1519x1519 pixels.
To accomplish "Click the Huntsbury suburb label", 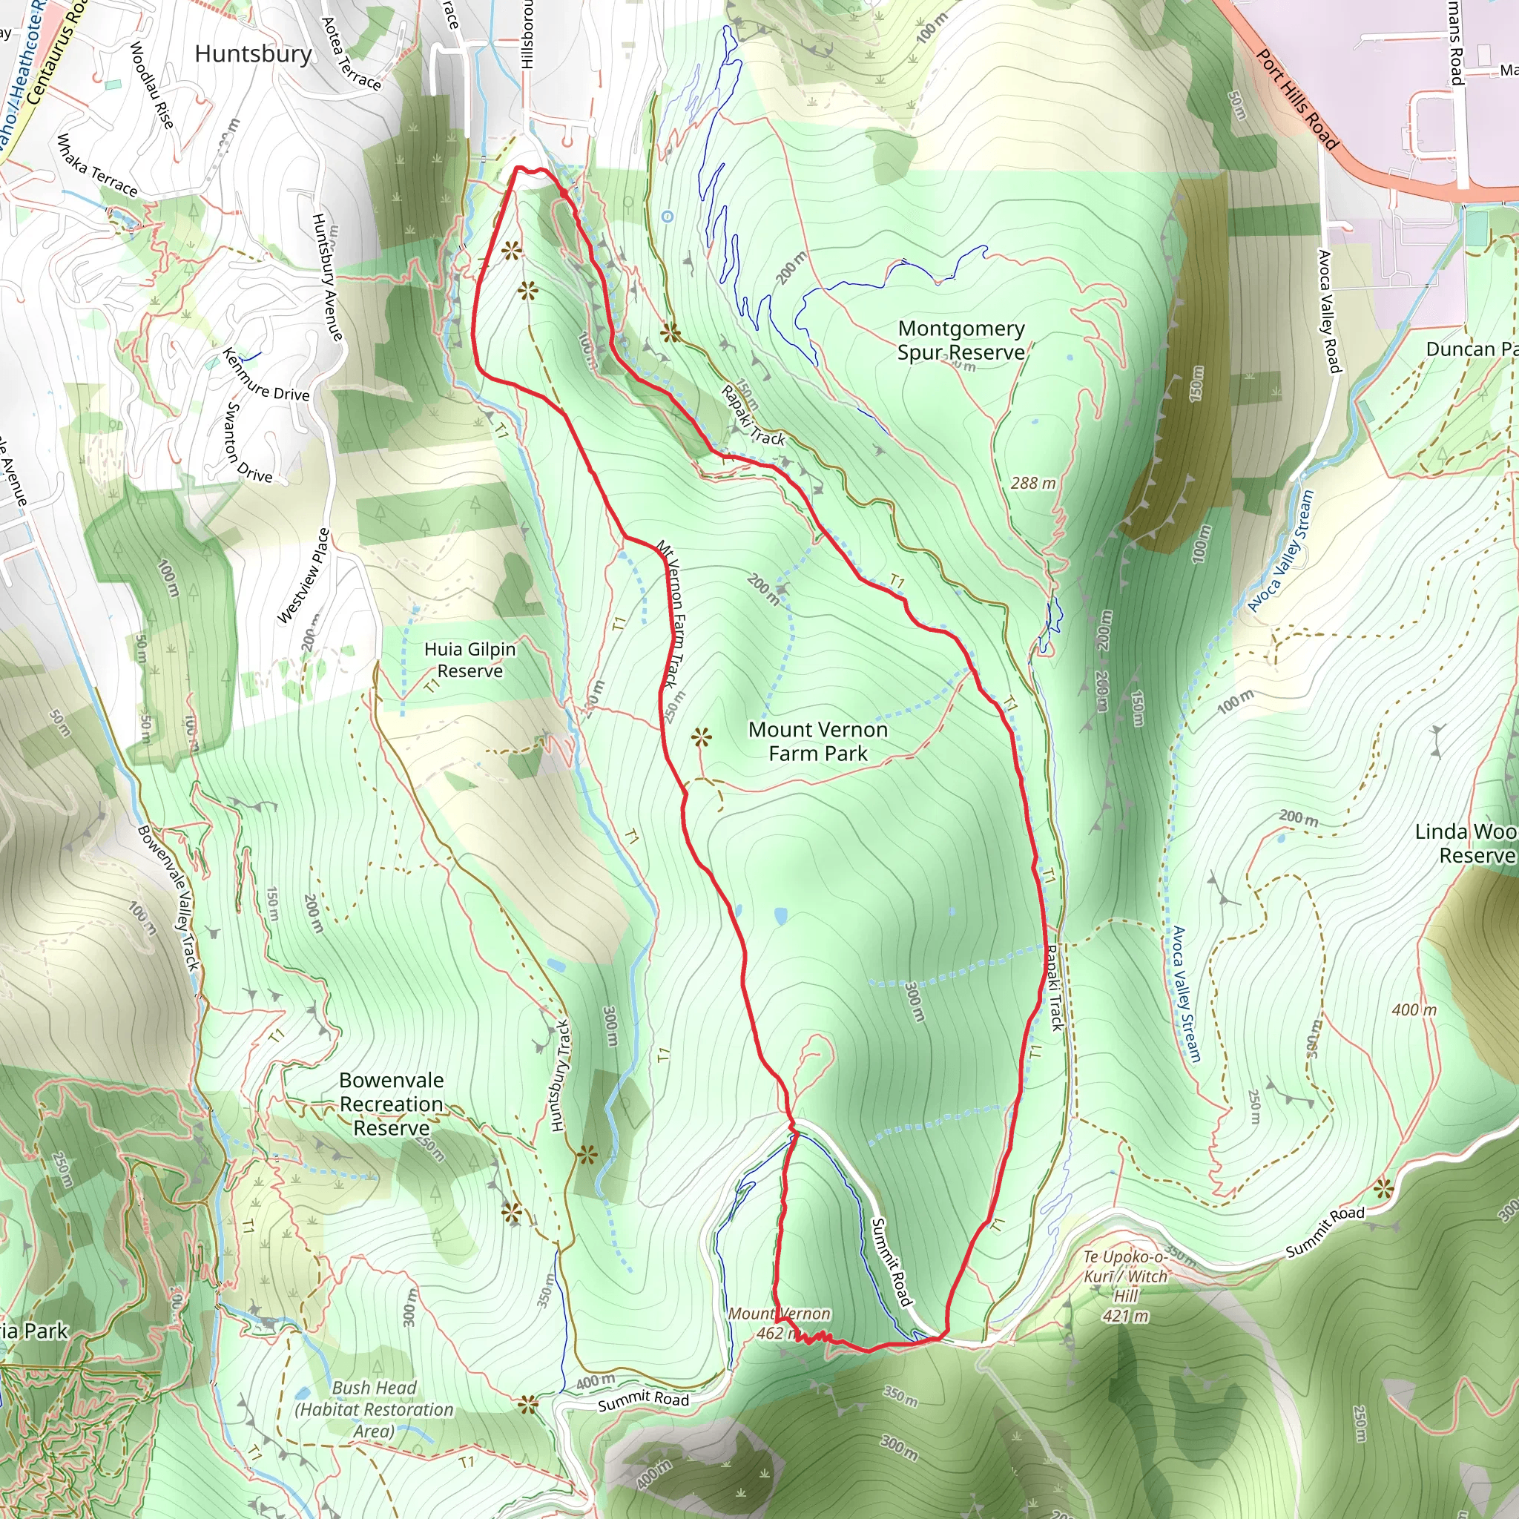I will click(x=253, y=53).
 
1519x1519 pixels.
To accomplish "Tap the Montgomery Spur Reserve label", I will click(x=961, y=340).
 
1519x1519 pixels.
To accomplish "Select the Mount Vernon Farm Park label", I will click(x=817, y=741).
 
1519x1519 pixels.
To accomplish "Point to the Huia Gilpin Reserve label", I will click(x=469, y=659).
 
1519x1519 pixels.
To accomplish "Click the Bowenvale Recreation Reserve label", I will click(x=392, y=1104).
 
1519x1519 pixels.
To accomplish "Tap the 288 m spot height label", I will click(x=1032, y=483).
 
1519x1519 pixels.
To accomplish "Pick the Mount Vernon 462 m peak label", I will click(x=777, y=1323).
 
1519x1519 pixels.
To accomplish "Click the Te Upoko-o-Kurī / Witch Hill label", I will click(x=1126, y=1286).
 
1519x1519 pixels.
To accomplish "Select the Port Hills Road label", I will click(x=1296, y=99).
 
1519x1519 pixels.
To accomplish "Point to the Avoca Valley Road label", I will click(x=1328, y=311).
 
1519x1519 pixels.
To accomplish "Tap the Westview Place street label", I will click(x=304, y=576).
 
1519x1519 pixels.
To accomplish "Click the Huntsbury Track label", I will click(x=560, y=1075).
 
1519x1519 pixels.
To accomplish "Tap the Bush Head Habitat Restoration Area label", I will click(x=374, y=1410).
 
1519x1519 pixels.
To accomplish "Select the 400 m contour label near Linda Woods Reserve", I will click(x=1414, y=1009).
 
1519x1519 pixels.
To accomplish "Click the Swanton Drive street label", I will click(x=248, y=443).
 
